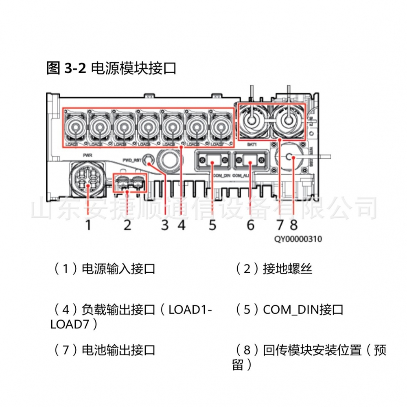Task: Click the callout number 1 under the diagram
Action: point(88,225)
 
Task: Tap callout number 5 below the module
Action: point(212,225)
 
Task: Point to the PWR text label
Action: point(88,155)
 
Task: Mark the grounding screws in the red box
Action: point(129,183)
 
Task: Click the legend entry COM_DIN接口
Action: point(303,310)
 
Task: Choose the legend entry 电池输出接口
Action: point(118,350)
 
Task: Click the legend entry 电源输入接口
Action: point(118,269)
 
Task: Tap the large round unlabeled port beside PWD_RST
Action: point(168,158)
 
